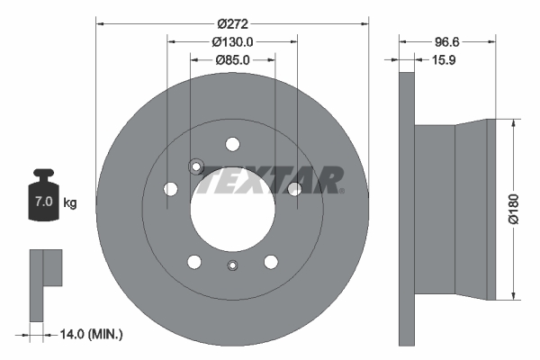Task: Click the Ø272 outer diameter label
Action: (232, 14)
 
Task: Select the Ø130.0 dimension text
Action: (232, 40)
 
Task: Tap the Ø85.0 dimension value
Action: (232, 60)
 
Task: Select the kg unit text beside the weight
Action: (69, 202)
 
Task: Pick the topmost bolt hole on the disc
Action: (233, 144)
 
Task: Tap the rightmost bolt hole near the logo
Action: (294, 188)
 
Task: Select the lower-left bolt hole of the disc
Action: (194, 262)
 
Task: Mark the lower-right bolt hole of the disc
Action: (271, 262)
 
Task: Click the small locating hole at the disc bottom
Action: (233, 265)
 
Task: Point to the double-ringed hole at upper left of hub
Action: (196, 166)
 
